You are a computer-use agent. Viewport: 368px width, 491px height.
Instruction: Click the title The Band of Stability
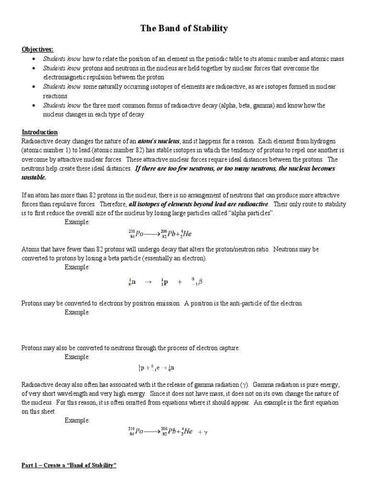point(184,29)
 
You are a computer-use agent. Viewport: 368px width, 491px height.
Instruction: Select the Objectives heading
point(37,49)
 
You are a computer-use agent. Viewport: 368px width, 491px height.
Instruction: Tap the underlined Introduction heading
point(40,132)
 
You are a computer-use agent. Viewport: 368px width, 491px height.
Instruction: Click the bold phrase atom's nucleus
point(160,141)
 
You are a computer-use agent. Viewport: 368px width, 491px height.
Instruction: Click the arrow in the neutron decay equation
point(148,282)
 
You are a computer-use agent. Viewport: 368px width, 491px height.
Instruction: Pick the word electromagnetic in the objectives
point(66,77)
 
